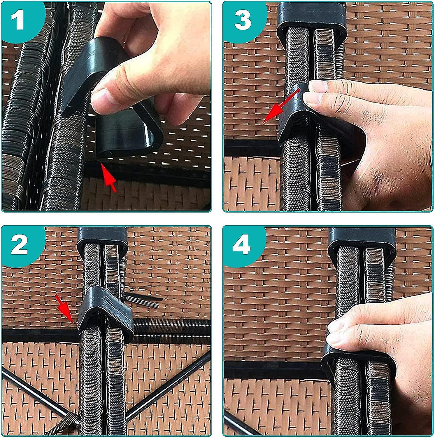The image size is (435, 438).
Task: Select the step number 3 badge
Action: click(x=243, y=20)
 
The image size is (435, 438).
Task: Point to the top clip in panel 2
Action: click(x=102, y=237)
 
